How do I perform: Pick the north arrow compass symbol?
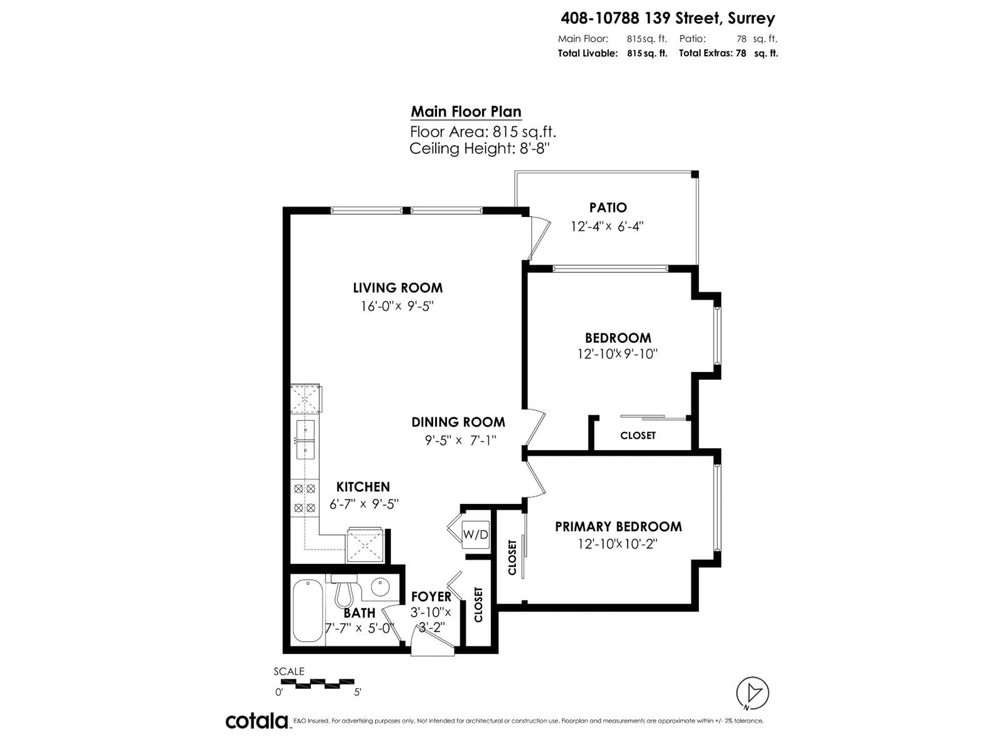tap(752, 693)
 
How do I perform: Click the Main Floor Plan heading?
tap(466, 112)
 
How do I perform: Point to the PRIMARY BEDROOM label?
tap(618, 527)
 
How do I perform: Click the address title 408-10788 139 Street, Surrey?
tap(667, 18)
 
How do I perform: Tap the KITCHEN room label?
tap(362, 487)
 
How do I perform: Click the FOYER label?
tap(431, 597)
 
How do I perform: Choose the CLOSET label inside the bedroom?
tap(637, 435)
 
